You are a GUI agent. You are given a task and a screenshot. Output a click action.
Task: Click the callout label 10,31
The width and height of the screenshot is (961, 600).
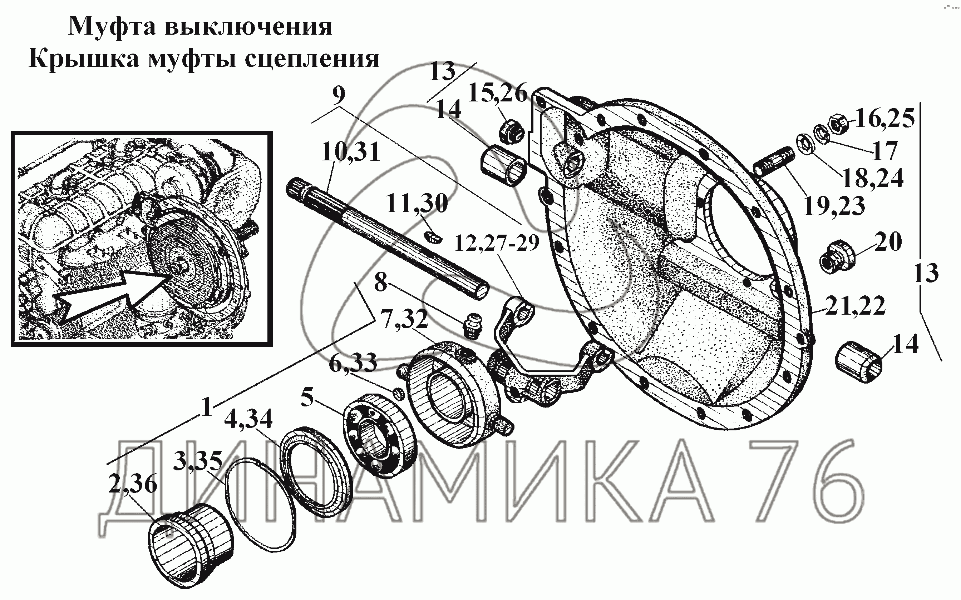351,152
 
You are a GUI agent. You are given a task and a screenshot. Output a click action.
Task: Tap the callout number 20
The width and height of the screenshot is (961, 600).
888,242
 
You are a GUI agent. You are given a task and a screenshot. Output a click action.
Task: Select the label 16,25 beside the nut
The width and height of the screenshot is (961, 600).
884,118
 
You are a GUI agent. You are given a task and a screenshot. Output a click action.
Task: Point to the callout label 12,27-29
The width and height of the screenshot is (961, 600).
496,243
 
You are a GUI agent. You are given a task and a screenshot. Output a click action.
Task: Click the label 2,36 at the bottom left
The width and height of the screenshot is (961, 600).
133,485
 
